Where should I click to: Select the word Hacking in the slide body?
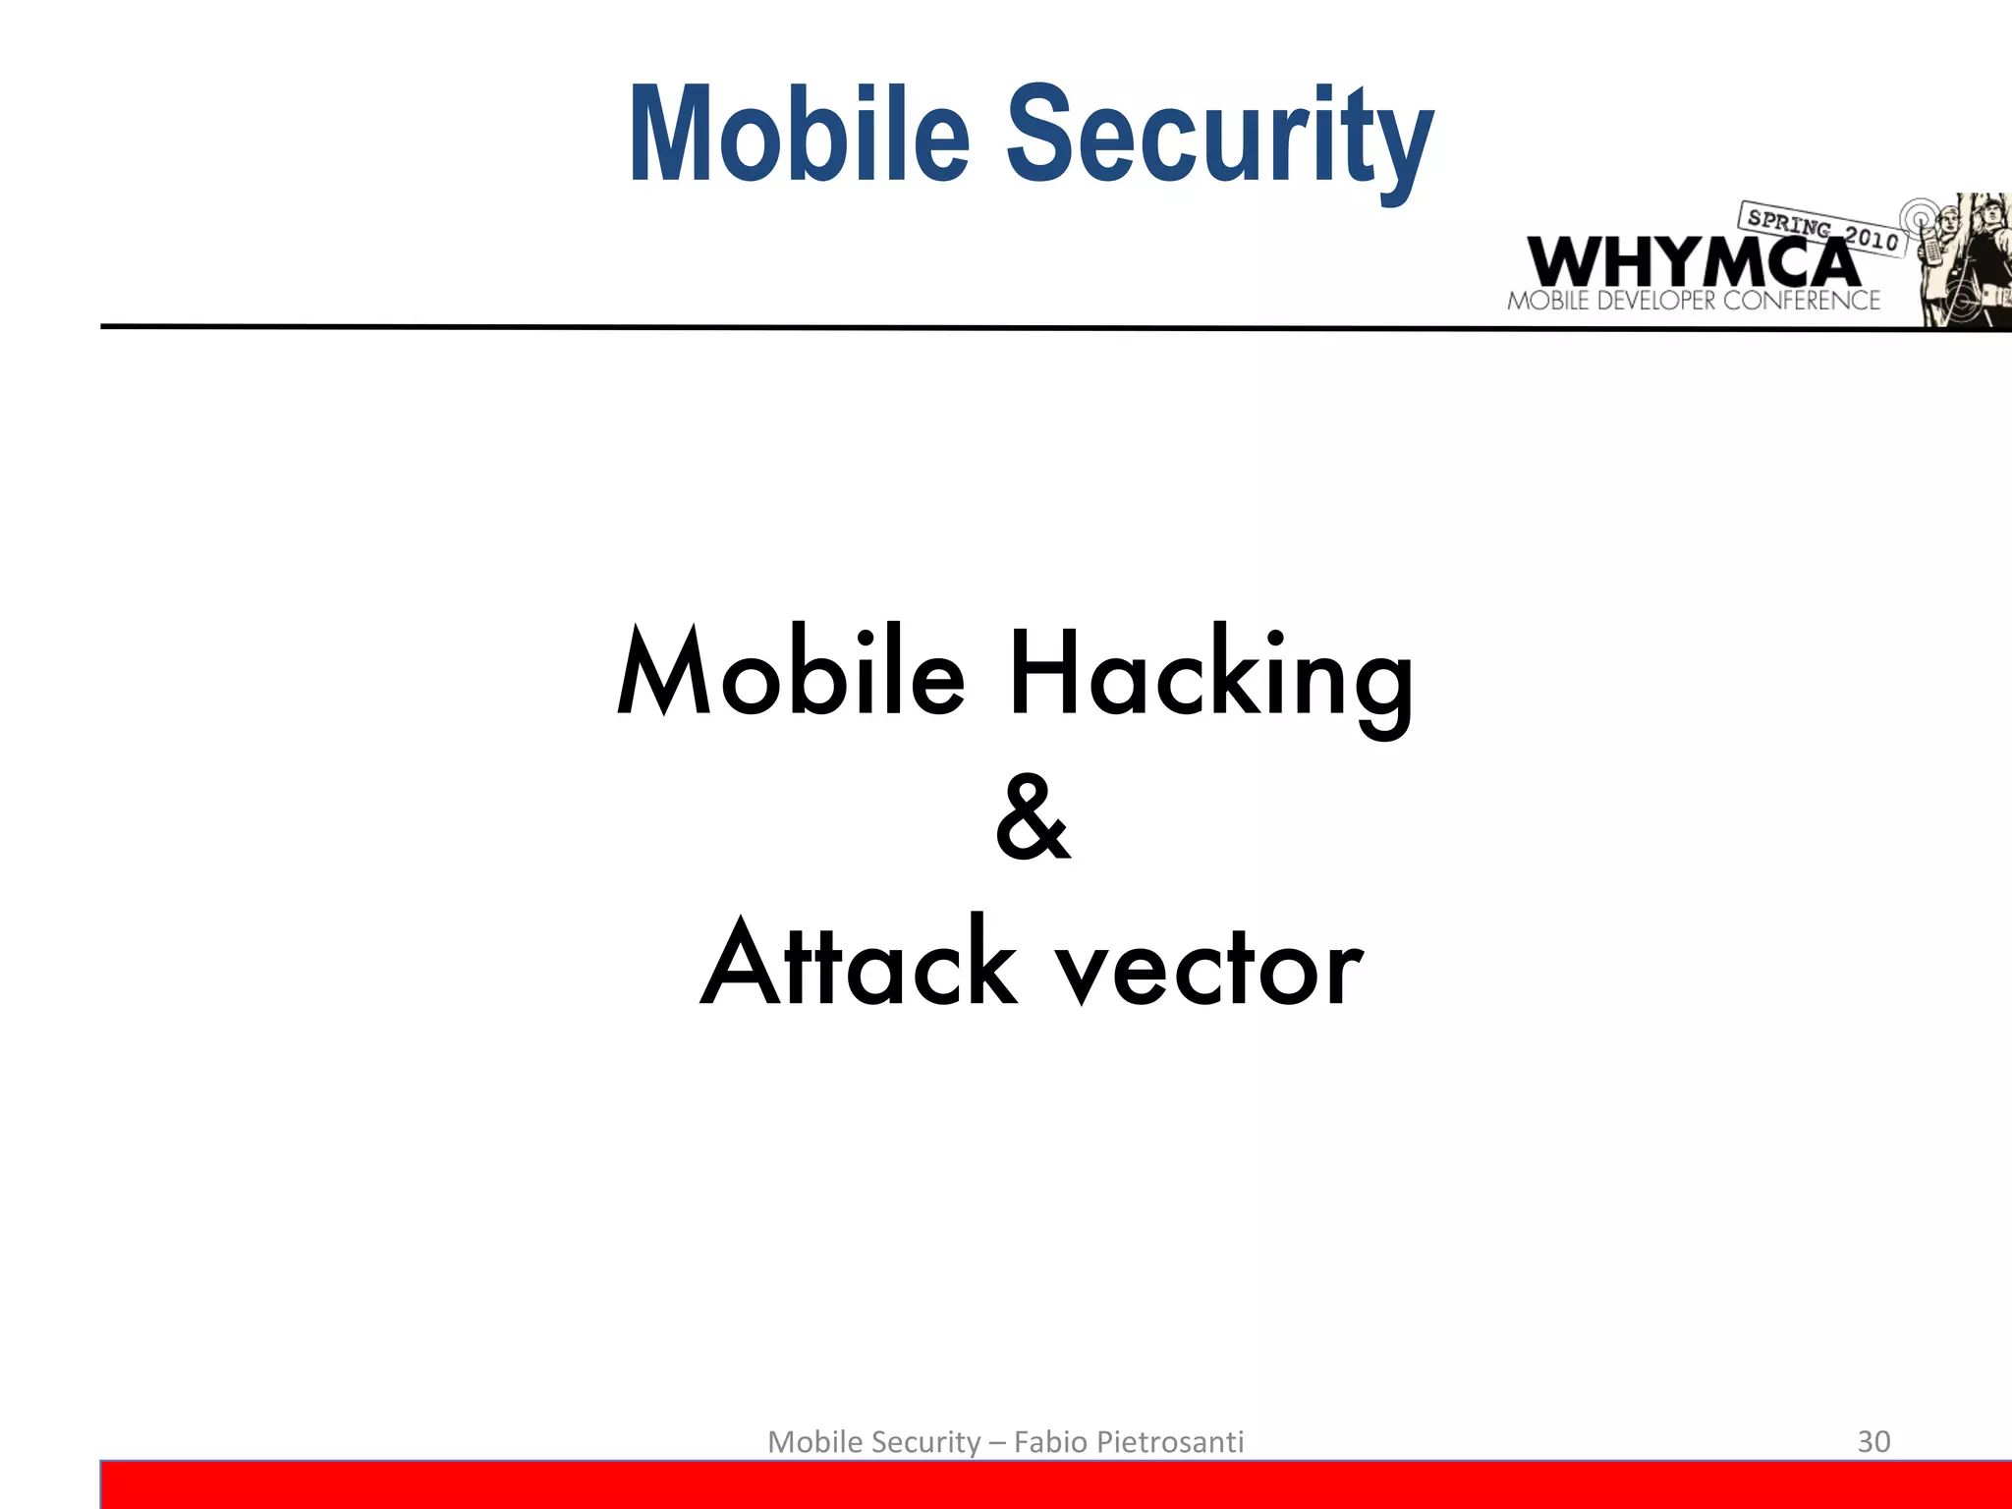pos(1210,678)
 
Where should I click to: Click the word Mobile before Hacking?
pos(791,674)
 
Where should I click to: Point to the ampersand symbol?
pos(1032,817)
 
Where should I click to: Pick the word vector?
pos(1208,969)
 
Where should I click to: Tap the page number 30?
pos(1873,1441)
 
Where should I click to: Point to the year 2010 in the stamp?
pos(1872,238)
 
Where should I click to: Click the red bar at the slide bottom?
pos(1056,1484)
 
